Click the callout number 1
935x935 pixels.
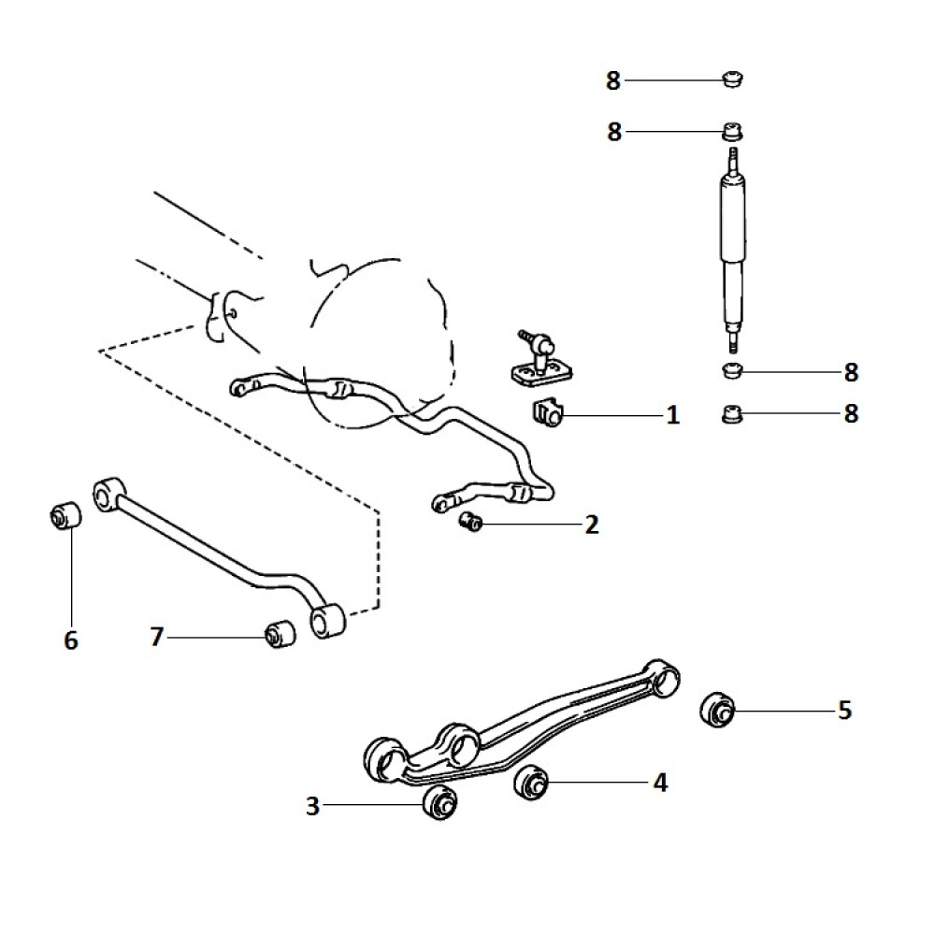click(672, 415)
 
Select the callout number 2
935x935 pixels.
click(591, 525)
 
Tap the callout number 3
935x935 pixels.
click(312, 806)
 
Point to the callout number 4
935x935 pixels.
click(660, 783)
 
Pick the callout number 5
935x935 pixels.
click(844, 711)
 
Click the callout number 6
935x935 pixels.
click(71, 640)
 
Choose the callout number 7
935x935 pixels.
click(156, 637)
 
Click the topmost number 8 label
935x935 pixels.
click(613, 80)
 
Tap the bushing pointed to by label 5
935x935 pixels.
click(717, 711)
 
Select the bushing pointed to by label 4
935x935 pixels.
click(531, 782)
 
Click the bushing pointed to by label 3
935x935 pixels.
click(440, 802)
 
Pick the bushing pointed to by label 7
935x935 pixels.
click(280, 635)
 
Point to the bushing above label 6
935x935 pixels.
click(65, 515)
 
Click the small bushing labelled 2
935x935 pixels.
click(470, 523)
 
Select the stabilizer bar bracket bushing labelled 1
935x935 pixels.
click(546, 412)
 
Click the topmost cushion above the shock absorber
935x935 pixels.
click(732, 79)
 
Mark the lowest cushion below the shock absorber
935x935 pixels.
click(732, 414)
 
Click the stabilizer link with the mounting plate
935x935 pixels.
click(540, 361)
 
